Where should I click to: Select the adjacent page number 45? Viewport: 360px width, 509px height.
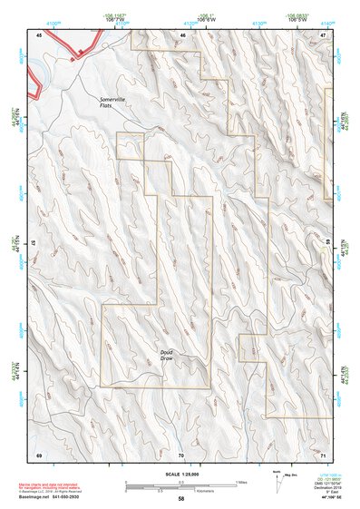(39, 34)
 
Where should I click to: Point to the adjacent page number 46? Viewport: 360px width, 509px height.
(182, 34)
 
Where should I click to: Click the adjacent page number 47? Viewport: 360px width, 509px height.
(322, 34)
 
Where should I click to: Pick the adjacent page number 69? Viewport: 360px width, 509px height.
(39, 453)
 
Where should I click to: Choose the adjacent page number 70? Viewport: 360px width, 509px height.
(181, 453)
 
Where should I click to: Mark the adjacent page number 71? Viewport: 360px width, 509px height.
(322, 453)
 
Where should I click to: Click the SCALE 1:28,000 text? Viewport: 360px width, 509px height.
(181, 474)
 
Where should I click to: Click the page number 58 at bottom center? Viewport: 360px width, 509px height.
(181, 499)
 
